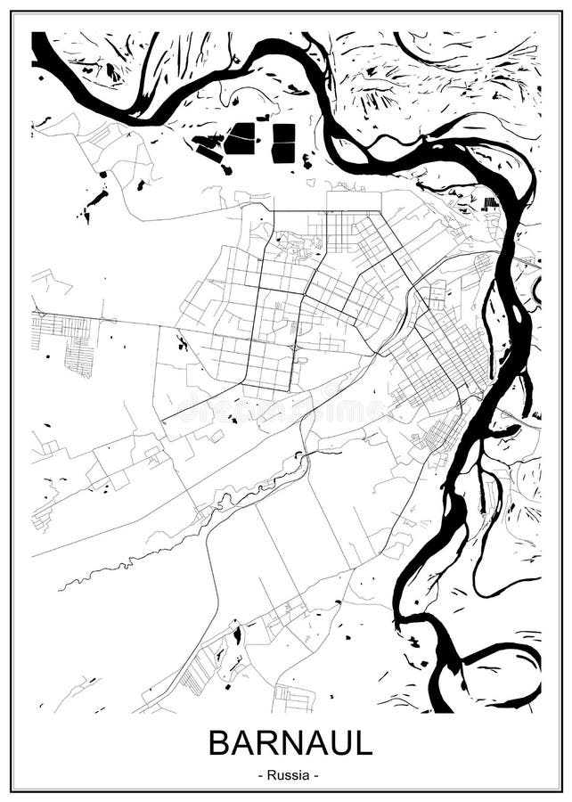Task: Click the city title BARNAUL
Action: click(x=290, y=742)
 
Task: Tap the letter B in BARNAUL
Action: click(x=219, y=742)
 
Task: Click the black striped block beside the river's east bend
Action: click(x=490, y=203)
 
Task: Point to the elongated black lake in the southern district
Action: click(x=237, y=636)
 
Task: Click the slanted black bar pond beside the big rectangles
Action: click(x=210, y=152)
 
